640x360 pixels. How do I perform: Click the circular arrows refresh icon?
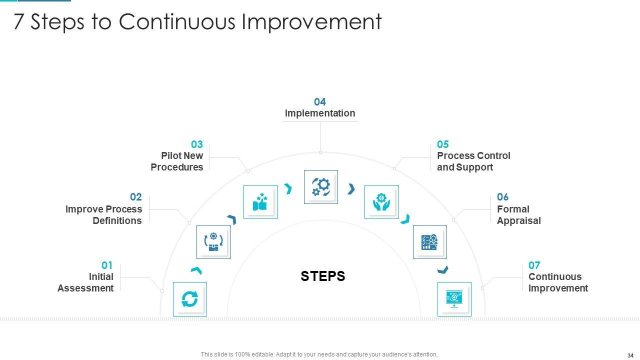tap(189, 299)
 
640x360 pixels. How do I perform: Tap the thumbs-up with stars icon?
tap(260, 201)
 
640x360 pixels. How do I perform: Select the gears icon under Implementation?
tap(321, 187)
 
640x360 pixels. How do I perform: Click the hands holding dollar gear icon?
tap(381, 201)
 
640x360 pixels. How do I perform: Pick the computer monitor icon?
tap(454, 299)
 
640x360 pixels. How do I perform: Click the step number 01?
tap(107, 265)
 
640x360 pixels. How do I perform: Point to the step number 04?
tap(319, 101)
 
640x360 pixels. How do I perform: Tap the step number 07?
tap(534, 265)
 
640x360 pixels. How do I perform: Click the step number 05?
tap(443, 144)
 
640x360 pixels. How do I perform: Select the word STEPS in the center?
tap(323, 276)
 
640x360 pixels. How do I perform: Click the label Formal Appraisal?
tap(519, 215)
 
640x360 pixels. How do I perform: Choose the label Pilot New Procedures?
tap(177, 161)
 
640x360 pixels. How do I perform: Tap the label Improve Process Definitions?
tap(103, 215)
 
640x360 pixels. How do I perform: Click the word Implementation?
tap(320, 113)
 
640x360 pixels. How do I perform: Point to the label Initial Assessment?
tap(85, 282)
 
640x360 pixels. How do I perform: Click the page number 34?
tap(630, 355)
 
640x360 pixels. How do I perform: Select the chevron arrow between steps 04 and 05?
tap(351, 189)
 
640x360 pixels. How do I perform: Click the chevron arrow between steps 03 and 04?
tap(288, 189)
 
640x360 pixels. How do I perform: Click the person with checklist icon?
tap(429, 242)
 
